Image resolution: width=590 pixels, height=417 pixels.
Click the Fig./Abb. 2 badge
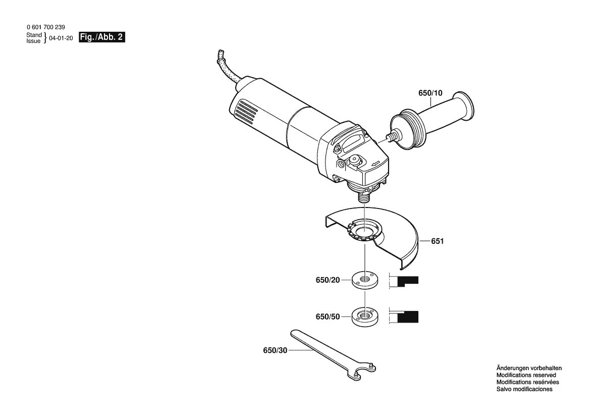(x=102, y=37)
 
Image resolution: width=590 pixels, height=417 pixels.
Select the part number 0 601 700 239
(x=45, y=27)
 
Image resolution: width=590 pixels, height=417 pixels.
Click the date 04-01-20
(x=62, y=38)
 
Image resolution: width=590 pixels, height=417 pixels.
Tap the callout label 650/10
(x=430, y=93)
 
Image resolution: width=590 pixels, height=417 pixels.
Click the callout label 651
(x=437, y=241)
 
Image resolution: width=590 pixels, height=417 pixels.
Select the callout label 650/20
(x=328, y=280)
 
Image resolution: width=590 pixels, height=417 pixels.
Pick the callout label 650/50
(x=328, y=317)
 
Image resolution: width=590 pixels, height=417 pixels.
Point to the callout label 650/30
(x=275, y=350)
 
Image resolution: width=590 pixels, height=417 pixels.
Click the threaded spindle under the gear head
(x=361, y=195)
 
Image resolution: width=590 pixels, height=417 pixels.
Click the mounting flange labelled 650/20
(x=362, y=279)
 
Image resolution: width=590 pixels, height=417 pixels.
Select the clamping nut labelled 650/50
(x=362, y=316)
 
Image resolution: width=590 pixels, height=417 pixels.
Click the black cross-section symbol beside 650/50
(x=408, y=317)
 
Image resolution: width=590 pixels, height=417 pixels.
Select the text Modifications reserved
(x=526, y=375)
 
